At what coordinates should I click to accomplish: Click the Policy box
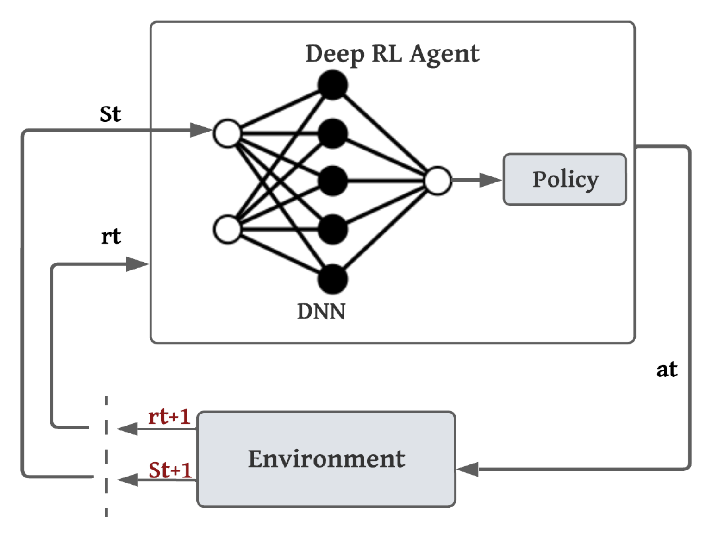pos(564,179)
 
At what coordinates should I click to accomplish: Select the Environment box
pos(326,459)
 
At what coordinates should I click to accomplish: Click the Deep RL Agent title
pos(392,54)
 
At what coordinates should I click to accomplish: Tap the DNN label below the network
pos(321,311)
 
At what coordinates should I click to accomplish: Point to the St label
pos(110,114)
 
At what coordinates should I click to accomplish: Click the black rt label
pos(111,236)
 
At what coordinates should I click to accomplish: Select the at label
pos(667,370)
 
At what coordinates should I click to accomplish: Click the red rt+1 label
pos(169,417)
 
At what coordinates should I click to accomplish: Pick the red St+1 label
pos(170,470)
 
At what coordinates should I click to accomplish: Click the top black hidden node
pos(332,85)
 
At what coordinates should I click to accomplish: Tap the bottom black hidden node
pos(332,279)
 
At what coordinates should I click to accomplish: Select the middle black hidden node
pos(332,181)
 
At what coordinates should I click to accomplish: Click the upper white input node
pos(227,133)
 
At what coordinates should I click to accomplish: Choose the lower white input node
pos(227,229)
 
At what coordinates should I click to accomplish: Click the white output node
pos(437,181)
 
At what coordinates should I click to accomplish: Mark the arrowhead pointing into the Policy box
pos(491,180)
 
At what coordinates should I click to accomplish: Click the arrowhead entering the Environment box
pos(468,469)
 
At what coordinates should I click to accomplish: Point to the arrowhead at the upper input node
pos(201,130)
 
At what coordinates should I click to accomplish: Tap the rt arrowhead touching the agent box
pos(137,264)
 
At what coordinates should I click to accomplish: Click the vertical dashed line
pos(106,456)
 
